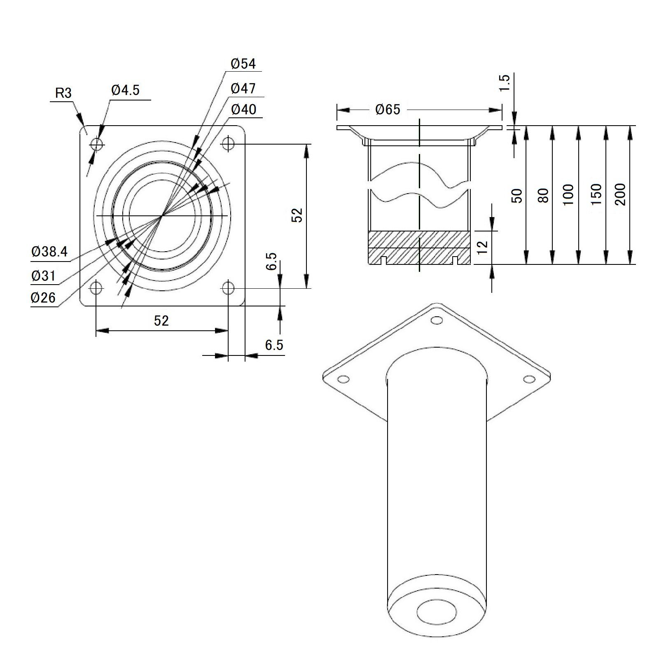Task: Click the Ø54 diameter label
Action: point(243,64)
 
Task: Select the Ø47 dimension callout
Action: point(243,88)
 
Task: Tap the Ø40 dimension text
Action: point(243,110)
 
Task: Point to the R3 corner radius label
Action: point(63,93)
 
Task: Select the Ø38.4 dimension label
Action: point(49,252)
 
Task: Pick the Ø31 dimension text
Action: point(43,276)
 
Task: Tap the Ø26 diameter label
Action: point(43,298)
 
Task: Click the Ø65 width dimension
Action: point(388,110)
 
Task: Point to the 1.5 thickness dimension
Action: point(505,84)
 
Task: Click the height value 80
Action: point(544,195)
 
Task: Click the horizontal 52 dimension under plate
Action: point(161,320)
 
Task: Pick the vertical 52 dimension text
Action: point(297,215)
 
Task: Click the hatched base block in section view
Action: point(419,247)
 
